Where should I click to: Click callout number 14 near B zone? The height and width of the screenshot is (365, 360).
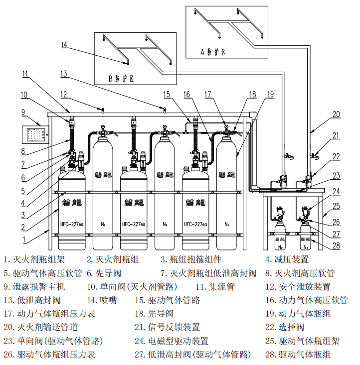(x=63, y=45)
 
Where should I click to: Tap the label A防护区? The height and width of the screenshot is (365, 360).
(x=213, y=51)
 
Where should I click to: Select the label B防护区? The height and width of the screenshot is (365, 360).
(x=121, y=78)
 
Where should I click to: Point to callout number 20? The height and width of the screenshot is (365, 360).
(x=336, y=114)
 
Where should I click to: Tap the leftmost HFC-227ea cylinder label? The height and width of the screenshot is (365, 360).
(x=72, y=224)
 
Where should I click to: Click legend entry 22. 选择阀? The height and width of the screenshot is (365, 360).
(x=288, y=327)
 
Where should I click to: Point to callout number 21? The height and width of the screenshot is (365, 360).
(x=336, y=135)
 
